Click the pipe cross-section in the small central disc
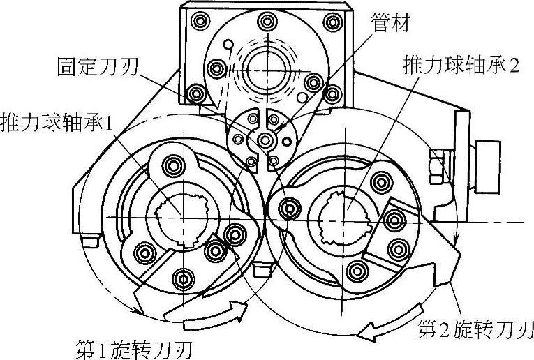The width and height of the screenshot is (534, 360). point(265,142)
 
